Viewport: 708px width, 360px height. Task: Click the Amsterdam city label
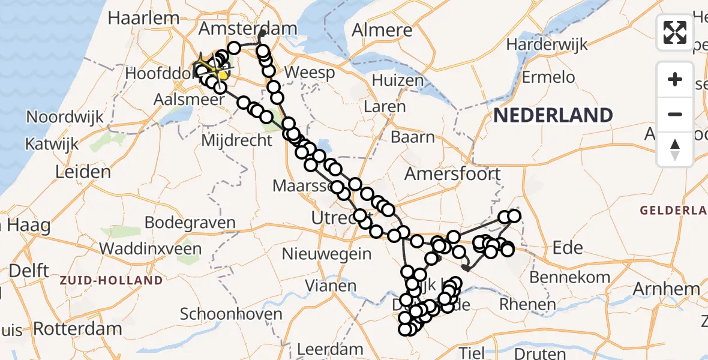pyautogui.click(x=248, y=29)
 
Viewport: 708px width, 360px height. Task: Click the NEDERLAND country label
pyautogui.click(x=553, y=115)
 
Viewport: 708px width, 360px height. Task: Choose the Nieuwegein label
pyautogui.click(x=326, y=253)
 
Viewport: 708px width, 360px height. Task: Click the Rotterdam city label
pyautogui.click(x=77, y=328)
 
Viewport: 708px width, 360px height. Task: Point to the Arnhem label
pyautogui.click(x=666, y=289)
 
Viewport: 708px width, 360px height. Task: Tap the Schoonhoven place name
pyautogui.click(x=231, y=314)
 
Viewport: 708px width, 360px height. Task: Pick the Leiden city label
pyautogui.click(x=83, y=172)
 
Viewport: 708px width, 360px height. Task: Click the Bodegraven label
pyautogui.click(x=190, y=223)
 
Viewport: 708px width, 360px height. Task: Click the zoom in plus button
pyautogui.click(x=675, y=79)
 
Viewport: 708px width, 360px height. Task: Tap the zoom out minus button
pyautogui.click(x=675, y=114)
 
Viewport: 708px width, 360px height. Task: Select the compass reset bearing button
pyautogui.click(x=675, y=149)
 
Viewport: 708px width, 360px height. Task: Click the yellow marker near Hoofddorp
pyautogui.click(x=223, y=75)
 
